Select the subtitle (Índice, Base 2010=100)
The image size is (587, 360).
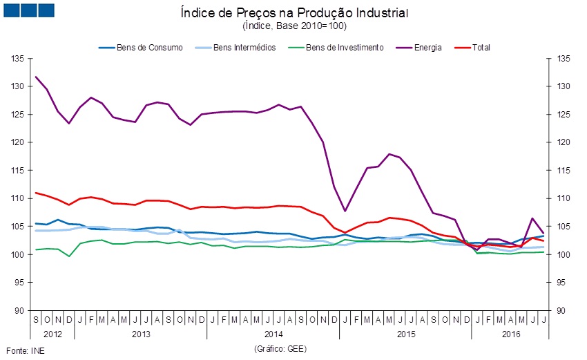[x=294, y=26]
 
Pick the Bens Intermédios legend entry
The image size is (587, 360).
[x=244, y=47]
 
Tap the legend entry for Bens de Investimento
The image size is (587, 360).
[x=344, y=47]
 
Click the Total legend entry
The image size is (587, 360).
[x=480, y=47]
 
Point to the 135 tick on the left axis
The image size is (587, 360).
[x=17, y=59]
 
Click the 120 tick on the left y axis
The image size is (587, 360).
[x=17, y=142]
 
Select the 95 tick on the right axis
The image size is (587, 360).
[x=562, y=283]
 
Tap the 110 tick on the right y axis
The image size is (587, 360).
[x=562, y=198]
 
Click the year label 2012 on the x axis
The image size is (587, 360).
[x=52, y=334]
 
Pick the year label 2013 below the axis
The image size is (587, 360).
[x=140, y=334]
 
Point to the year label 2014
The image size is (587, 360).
[x=273, y=334]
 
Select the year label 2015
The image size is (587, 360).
[x=405, y=334]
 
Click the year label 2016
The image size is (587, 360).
[x=510, y=334]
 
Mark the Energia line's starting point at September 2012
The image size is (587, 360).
[x=36, y=77]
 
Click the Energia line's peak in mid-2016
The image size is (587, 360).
[x=532, y=218]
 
